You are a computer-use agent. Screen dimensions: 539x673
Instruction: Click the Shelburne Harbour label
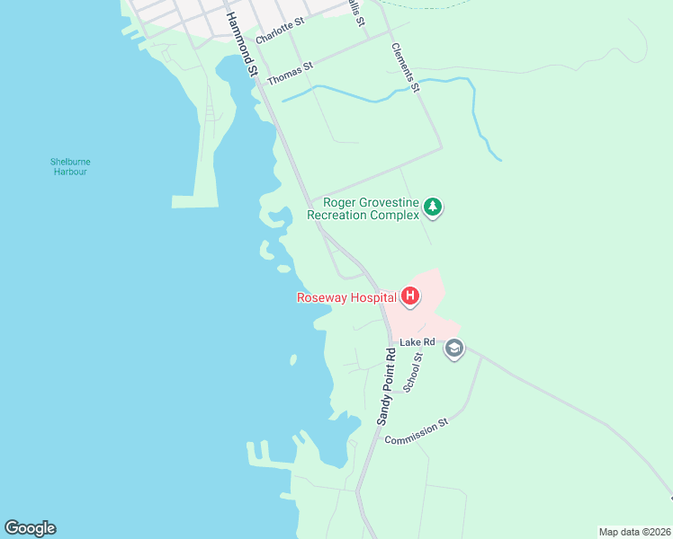click(x=69, y=166)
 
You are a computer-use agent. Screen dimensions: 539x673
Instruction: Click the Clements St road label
click(x=405, y=67)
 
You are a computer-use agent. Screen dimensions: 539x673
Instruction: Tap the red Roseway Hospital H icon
click(x=410, y=296)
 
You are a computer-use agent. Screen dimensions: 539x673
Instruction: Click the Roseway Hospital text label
click(x=346, y=297)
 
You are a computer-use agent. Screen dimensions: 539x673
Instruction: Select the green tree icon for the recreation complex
click(x=434, y=208)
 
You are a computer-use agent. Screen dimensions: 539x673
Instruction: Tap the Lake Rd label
click(x=417, y=342)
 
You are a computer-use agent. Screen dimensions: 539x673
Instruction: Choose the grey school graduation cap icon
click(x=454, y=349)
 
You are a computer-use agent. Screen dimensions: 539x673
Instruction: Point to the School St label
click(x=413, y=372)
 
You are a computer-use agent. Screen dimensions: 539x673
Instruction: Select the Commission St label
click(x=417, y=432)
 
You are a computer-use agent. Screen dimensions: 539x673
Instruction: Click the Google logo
click(x=30, y=528)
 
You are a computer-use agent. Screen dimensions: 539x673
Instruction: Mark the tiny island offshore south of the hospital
click(x=293, y=359)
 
